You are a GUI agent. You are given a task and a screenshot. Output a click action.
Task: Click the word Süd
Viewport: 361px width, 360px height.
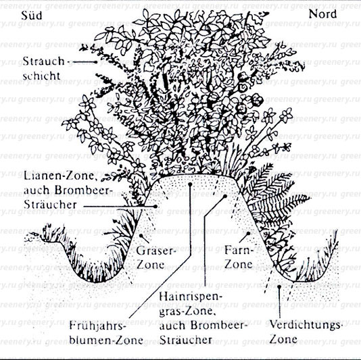pyautogui.click(x=32, y=16)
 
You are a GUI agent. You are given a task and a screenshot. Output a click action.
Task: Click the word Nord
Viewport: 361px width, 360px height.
pyautogui.click(x=322, y=14)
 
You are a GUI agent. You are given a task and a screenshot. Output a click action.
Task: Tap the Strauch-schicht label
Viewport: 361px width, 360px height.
pyautogui.click(x=43, y=68)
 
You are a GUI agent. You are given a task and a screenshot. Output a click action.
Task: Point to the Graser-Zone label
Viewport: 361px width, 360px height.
pyautogui.click(x=155, y=258)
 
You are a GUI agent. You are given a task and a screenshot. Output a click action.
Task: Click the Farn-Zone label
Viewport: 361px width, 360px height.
pyautogui.click(x=239, y=257)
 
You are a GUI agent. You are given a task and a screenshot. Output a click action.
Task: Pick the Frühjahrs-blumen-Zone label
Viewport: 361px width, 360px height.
pyautogui.click(x=106, y=334)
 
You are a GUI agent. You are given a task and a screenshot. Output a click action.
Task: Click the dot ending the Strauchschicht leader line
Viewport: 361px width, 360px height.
pyautogui.click(x=95, y=62)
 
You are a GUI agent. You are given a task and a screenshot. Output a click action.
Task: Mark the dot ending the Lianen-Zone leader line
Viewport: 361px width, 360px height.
pyautogui.click(x=155, y=207)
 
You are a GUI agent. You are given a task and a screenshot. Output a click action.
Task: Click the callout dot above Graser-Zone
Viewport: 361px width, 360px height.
pyautogui.click(x=141, y=236)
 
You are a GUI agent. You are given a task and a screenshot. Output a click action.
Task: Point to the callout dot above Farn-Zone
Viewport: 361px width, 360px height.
pyautogui.click(x=248, y=234)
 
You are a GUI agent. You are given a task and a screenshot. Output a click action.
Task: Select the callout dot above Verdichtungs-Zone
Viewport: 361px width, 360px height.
pyautogui.click(x=279, y=286)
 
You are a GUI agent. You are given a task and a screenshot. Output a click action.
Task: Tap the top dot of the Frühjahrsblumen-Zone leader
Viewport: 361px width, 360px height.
pyautogui.click(x=190, y=184)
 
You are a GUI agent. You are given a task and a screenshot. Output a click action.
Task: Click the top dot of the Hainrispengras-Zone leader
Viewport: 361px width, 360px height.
pyautogui.click(x=225, y=197)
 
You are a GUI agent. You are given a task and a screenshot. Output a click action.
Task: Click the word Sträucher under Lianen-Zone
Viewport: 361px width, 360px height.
pyautogui.click(x=50, y=204)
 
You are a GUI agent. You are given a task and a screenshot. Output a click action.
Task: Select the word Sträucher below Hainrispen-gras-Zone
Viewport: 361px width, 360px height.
pyautogui.click(x=185, y=340)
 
